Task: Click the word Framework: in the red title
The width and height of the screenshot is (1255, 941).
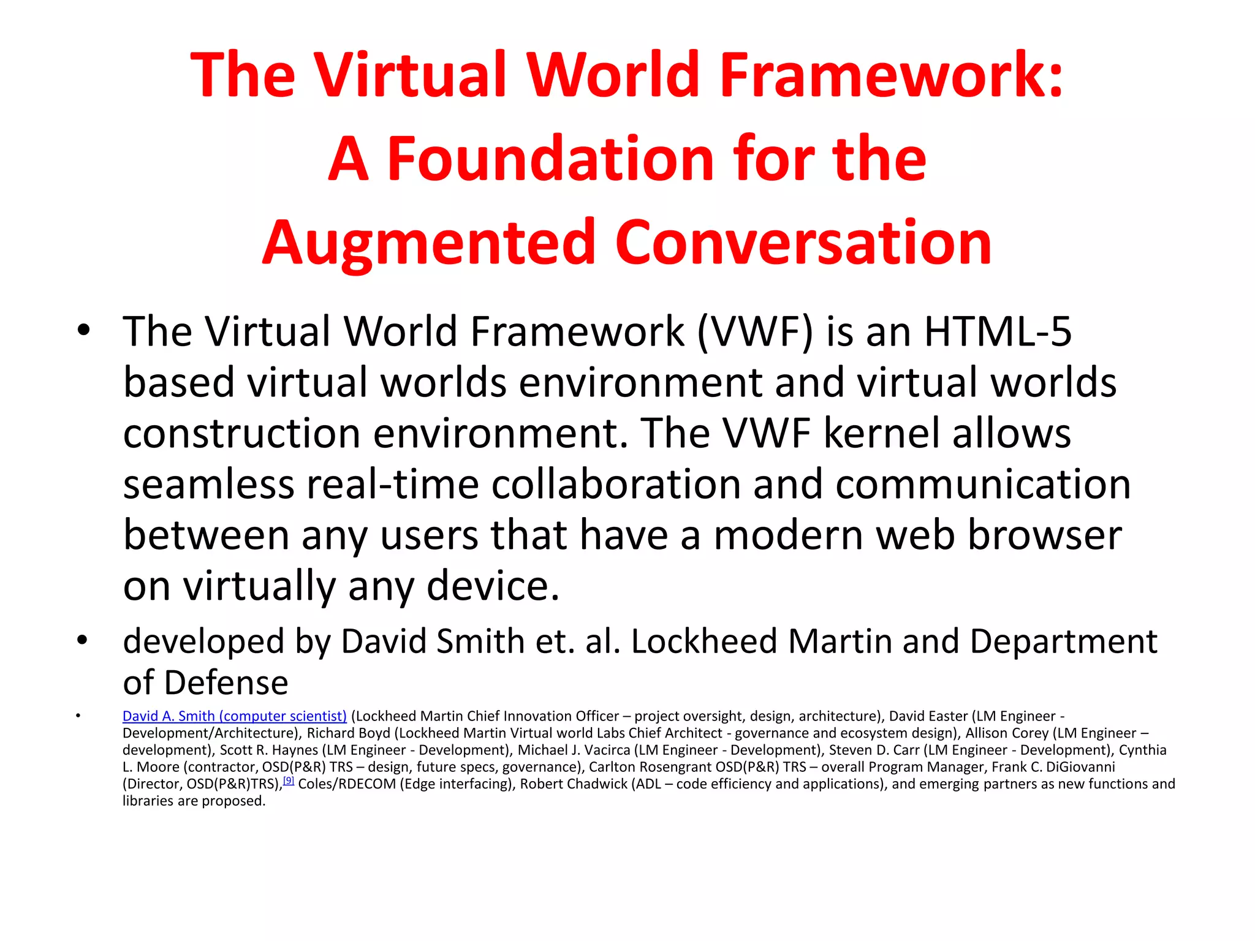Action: (x=892, y=75)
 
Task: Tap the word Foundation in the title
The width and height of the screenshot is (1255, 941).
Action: (x=552, y=159)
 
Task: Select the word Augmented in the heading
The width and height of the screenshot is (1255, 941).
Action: (x=429, y=244)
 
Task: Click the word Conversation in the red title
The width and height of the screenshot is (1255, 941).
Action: (x=803, y=244)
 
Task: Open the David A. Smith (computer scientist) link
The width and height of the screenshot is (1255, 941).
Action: (x=235, y=716)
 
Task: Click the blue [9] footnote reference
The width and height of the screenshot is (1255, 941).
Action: (x=289, y=781)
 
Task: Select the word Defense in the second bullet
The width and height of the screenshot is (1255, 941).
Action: (x=226, y=683)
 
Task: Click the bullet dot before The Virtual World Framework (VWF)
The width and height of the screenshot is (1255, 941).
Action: (x=83, y=331)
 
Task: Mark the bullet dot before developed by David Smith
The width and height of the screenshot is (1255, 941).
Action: (x=83, y=641)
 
